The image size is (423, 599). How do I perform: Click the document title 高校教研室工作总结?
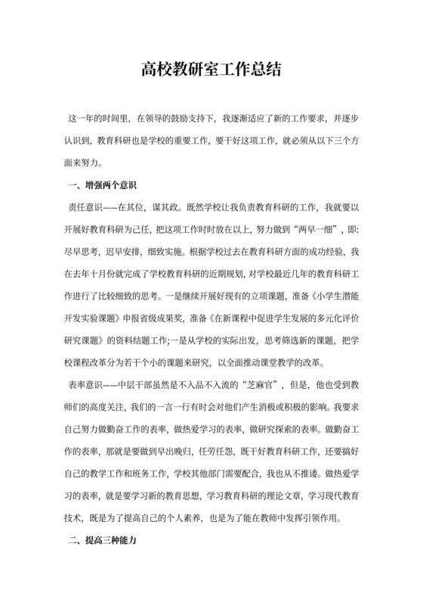(x=211, y=71)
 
